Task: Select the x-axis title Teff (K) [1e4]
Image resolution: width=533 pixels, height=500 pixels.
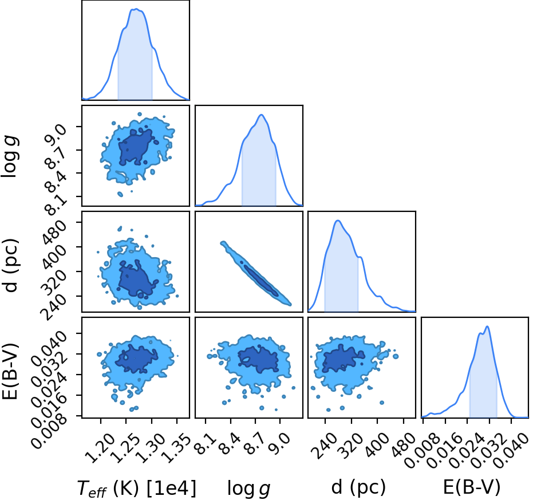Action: click(x=137, y=488)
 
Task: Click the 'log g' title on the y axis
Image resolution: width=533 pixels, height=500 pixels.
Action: click(x=10, y=156)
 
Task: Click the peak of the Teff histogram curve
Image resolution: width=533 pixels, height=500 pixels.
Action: click(x=136, y=9)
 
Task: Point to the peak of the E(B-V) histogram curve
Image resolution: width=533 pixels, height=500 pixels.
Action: click(x=487, y=326)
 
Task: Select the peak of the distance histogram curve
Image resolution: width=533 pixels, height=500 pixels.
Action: click(x=338, y=221)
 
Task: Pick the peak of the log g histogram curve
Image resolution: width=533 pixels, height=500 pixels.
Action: click(x=262, y=115)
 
